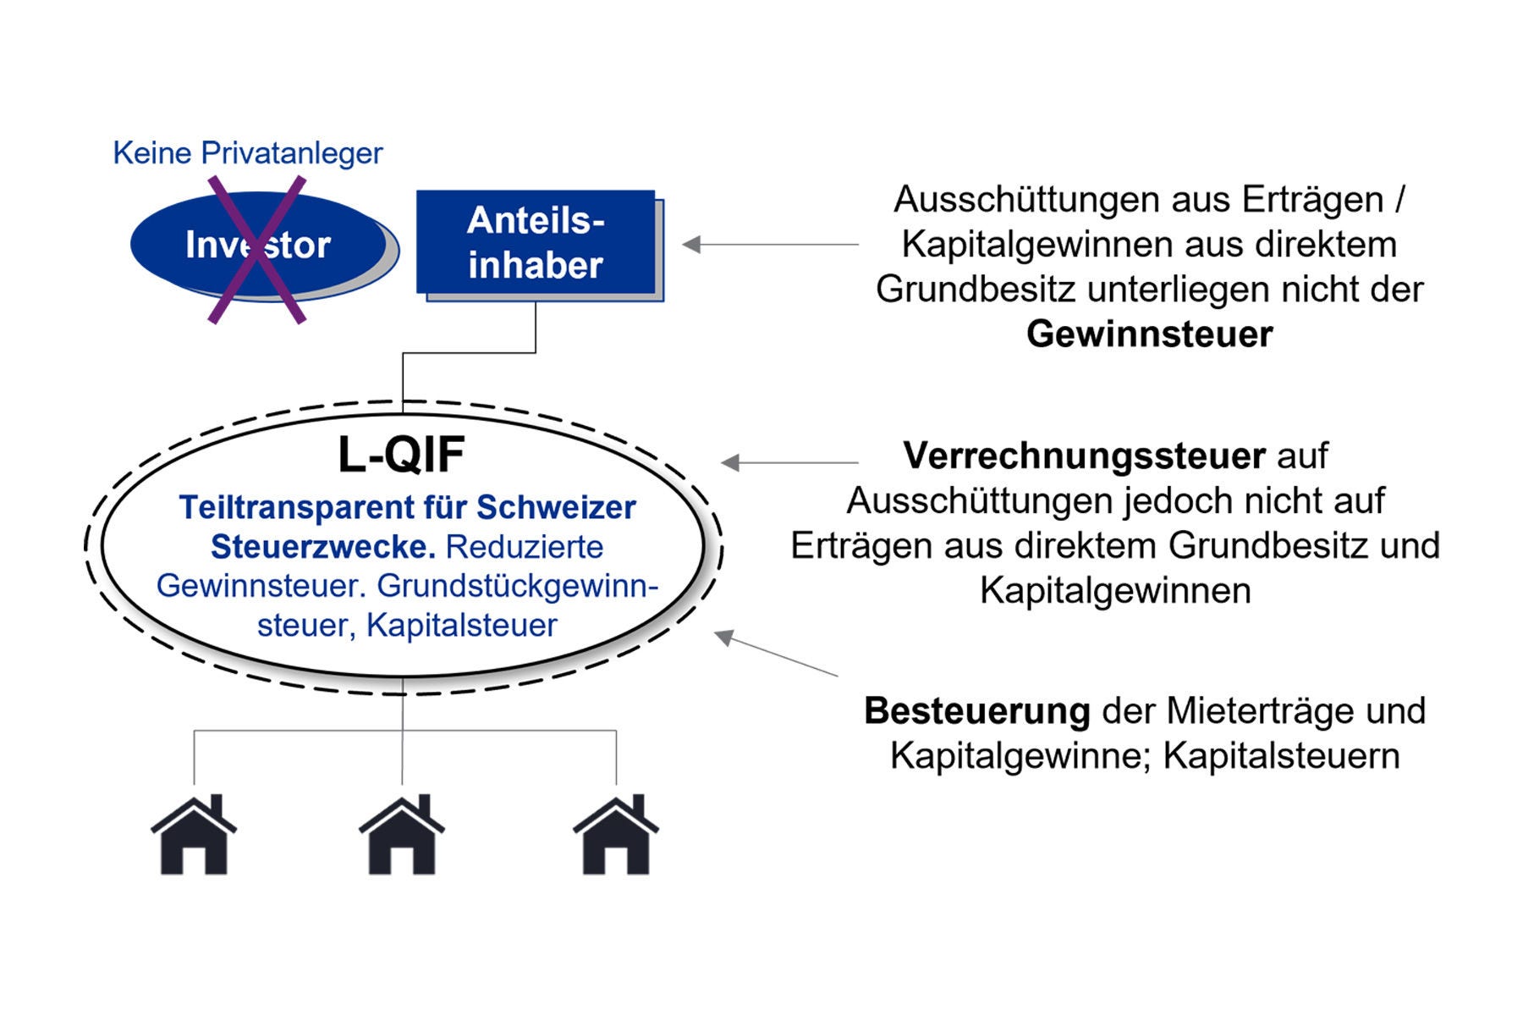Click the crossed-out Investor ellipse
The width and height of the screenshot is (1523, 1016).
point(258,246)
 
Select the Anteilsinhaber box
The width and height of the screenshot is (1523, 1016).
point(536,243)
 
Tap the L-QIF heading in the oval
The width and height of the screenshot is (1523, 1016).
point(401,455)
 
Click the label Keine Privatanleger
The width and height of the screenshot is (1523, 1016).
point(247,153)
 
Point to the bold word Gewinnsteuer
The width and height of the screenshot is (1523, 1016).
point(1149,334)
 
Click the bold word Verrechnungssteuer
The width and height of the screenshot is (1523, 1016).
point(1084,456)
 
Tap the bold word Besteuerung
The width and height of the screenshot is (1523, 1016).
point(976,710)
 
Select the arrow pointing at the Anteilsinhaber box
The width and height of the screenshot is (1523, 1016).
point(770,245)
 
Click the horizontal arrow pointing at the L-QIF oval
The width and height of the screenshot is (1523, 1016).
point(789,462)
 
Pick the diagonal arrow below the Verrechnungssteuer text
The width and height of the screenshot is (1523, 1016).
point(777,654)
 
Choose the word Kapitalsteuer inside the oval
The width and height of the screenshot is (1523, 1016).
point(462,626)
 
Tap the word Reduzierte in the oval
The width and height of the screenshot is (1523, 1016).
point(525,547)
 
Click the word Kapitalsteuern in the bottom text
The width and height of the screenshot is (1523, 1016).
point(1281,755)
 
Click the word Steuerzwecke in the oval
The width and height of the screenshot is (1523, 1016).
point(322,547)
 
